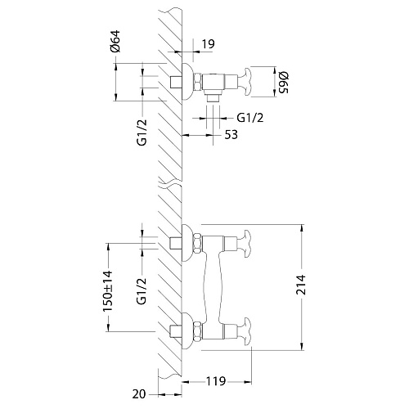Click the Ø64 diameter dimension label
[115, 41]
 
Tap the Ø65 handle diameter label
[283, 83]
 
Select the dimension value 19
[209, 43]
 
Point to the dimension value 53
[231, 135]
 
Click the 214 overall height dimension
[301, 285]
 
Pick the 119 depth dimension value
[215, 381]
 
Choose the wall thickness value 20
[139, 394]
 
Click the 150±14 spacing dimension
[107, 290]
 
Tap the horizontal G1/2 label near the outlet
[250, 118]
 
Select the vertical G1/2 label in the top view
[142, 133]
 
